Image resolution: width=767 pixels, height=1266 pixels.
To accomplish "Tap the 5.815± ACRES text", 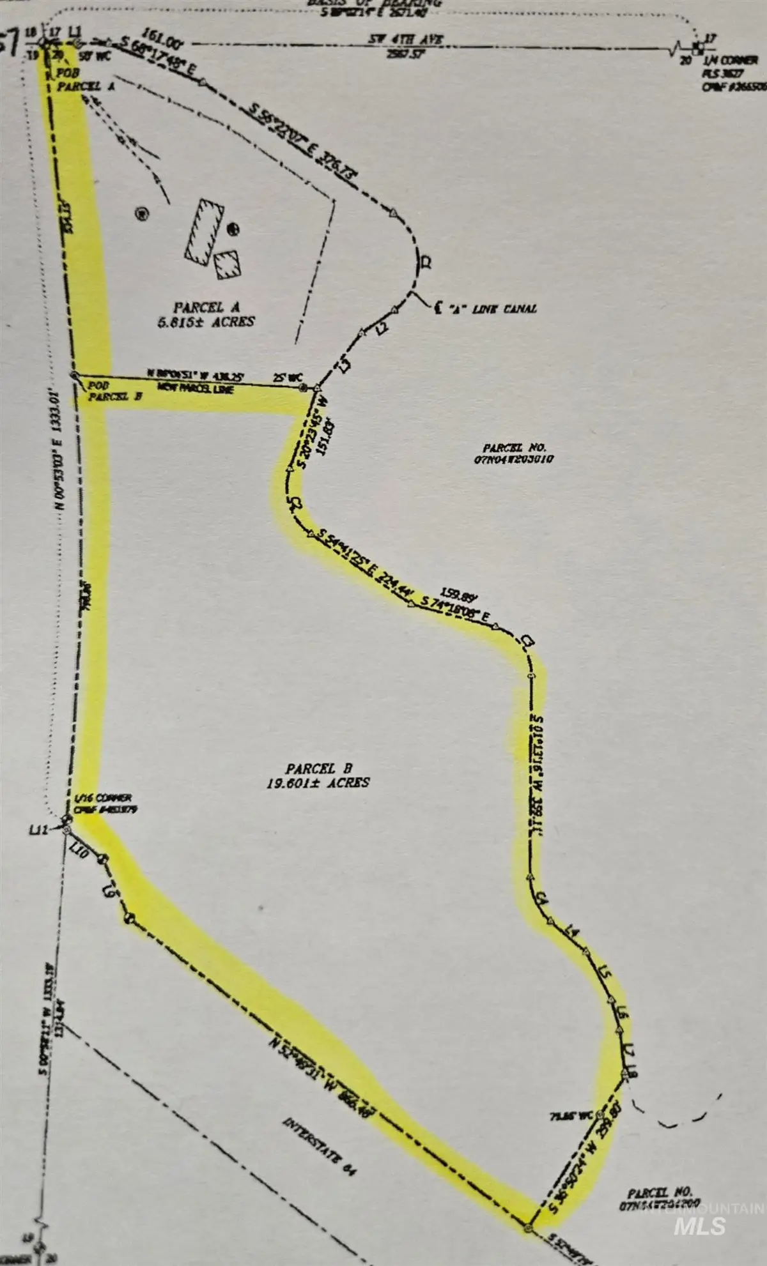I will tap(206, 322).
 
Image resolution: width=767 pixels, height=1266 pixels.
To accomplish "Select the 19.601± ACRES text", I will tap(318, 781).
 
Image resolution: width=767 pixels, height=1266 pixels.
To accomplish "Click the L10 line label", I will tap(79, 850).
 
